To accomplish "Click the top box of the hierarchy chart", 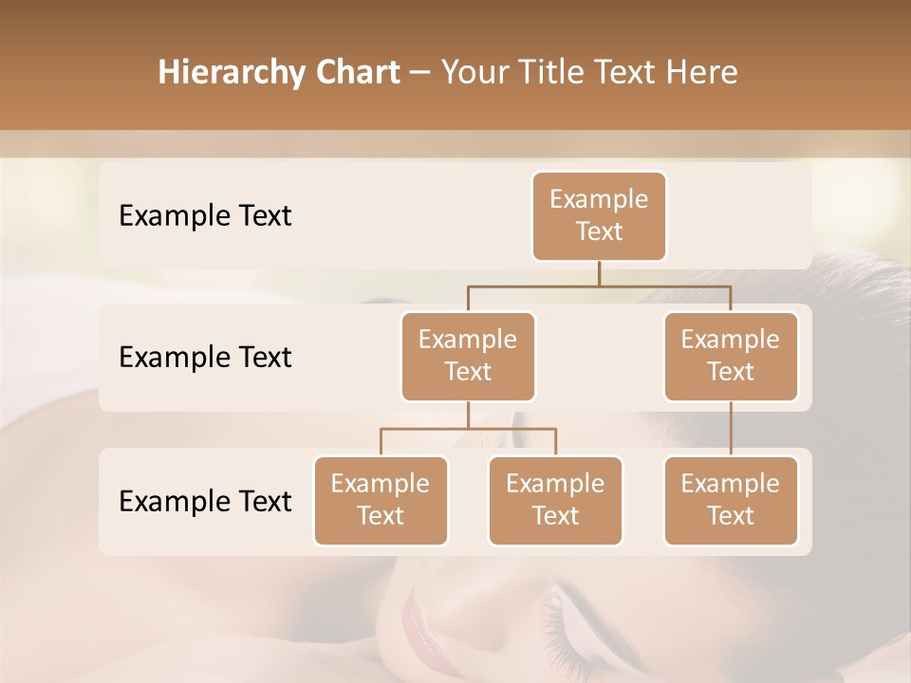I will [x=599, y=215].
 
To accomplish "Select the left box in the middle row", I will [x=468, y=356].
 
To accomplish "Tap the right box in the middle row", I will [x=731, y=356].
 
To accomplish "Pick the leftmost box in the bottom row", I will [x=381, y=500].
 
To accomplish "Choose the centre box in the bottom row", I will [x=555, y=500].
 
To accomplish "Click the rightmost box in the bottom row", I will [x=731, y=500].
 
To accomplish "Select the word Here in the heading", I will [x=701, y=73].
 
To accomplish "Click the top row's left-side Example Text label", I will [x=205, y=216].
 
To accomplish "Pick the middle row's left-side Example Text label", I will [x=205, y=358].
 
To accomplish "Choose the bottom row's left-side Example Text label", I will [x=205, y=501].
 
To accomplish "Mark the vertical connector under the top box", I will [x=599, y=273].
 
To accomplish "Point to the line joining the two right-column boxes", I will [x=731, y=429].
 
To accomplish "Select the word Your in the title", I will [x=474, y=73].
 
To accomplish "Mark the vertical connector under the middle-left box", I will [x=468, y=415].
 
